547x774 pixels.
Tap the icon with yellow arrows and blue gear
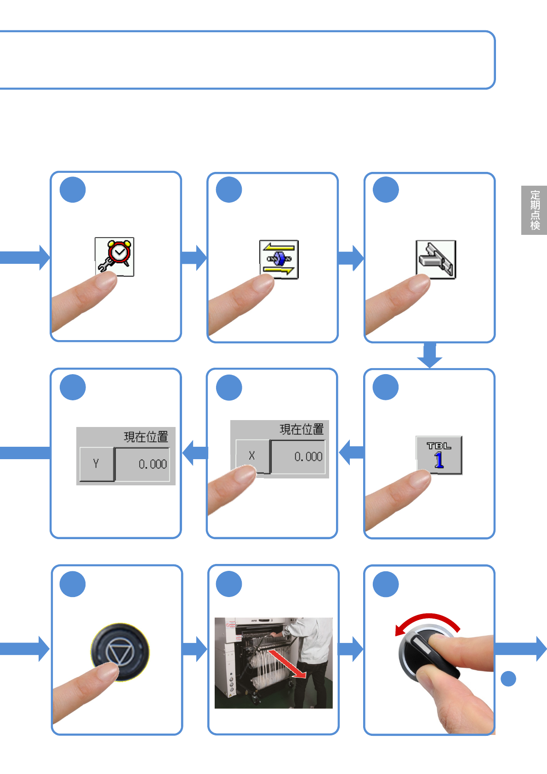[x=279, y=259]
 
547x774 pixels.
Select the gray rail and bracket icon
[x=435, y=259]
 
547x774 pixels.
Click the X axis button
[x=252, y=456]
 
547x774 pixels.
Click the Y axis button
[x=96, y=464]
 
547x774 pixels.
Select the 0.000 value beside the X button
[x=299, y=456]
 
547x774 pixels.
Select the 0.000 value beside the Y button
[x=143, y=464]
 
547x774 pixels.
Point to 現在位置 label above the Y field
[x=146, y=436]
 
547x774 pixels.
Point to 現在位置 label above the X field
[x=302, y=429]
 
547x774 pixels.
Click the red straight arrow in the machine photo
[x=287, y=663]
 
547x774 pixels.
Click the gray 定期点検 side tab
[x=534, y=210]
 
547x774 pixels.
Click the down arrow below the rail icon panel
[x=429, y=355]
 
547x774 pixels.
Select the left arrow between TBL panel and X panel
[x=352, y=452]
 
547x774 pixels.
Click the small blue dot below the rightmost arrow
[x=508, y=678]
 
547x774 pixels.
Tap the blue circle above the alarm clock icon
[x=73, y=189]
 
